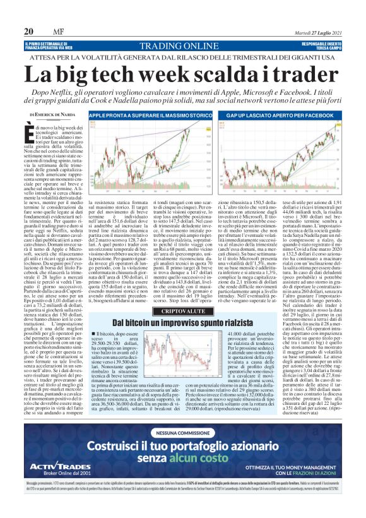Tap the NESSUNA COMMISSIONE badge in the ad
182,433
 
